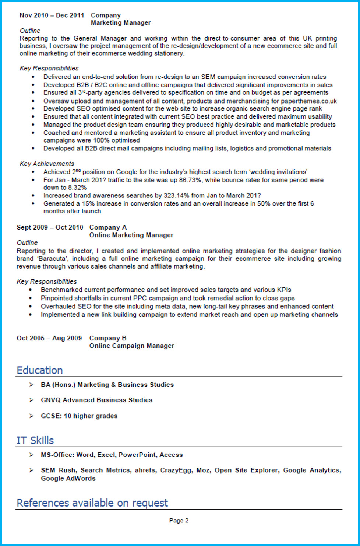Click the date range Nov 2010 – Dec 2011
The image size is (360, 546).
[x=52, y=15]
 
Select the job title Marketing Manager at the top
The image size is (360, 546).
[x=121, y=23]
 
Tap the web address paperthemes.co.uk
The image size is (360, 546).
[x=308, y=101]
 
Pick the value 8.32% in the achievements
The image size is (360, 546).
[x=77, y=188]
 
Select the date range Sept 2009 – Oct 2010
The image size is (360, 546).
[x=50, y=228]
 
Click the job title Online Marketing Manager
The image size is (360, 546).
[x=131, y=235]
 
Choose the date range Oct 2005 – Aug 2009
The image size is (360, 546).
[x=49, y=338]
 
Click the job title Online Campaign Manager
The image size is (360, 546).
[x=132, y=346]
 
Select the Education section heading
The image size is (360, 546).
[x=40, y=370]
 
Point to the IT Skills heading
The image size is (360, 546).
[x=35, y=440]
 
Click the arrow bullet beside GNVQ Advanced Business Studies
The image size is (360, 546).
[x=32, y=400]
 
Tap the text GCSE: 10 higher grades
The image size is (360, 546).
[x=79, y=416]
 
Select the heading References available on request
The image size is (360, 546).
[x=92, y=503]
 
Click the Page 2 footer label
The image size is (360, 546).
[x=179, y=521]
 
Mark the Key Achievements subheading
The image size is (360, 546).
[x=47, y=164]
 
